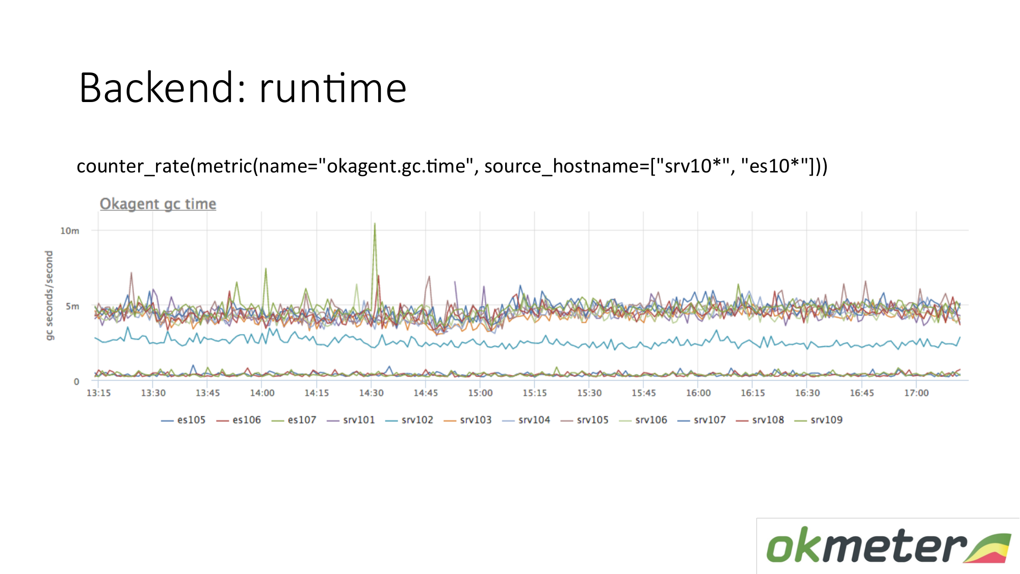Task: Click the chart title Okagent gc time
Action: [x=158, y=204]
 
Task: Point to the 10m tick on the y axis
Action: [x=70, y=231]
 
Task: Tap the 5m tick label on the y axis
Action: [x=72, y=306]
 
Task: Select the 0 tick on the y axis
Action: [x=76, y=381]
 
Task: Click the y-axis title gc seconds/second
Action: [x=49, y=295]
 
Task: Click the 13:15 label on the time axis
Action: [x=98, y=393]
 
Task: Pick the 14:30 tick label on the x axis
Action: [x=371, y=393]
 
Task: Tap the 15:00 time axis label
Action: [x=480, y=393]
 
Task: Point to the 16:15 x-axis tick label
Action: [x=753, y=393]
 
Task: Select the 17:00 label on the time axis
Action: [x=917, y=393]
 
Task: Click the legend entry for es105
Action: [x=184, y=420]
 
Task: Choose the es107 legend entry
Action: [x=294, y=420]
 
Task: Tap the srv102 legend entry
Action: [x=409, y=420]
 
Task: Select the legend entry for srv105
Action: [x=585, y=420]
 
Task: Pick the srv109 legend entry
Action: [x=819, y=420]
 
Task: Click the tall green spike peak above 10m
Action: [x=375, y=223]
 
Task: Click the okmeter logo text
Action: [x=867, y=545]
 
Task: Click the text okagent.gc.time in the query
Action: [x=396, y=166]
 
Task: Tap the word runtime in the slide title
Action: [x=333, y=88]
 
